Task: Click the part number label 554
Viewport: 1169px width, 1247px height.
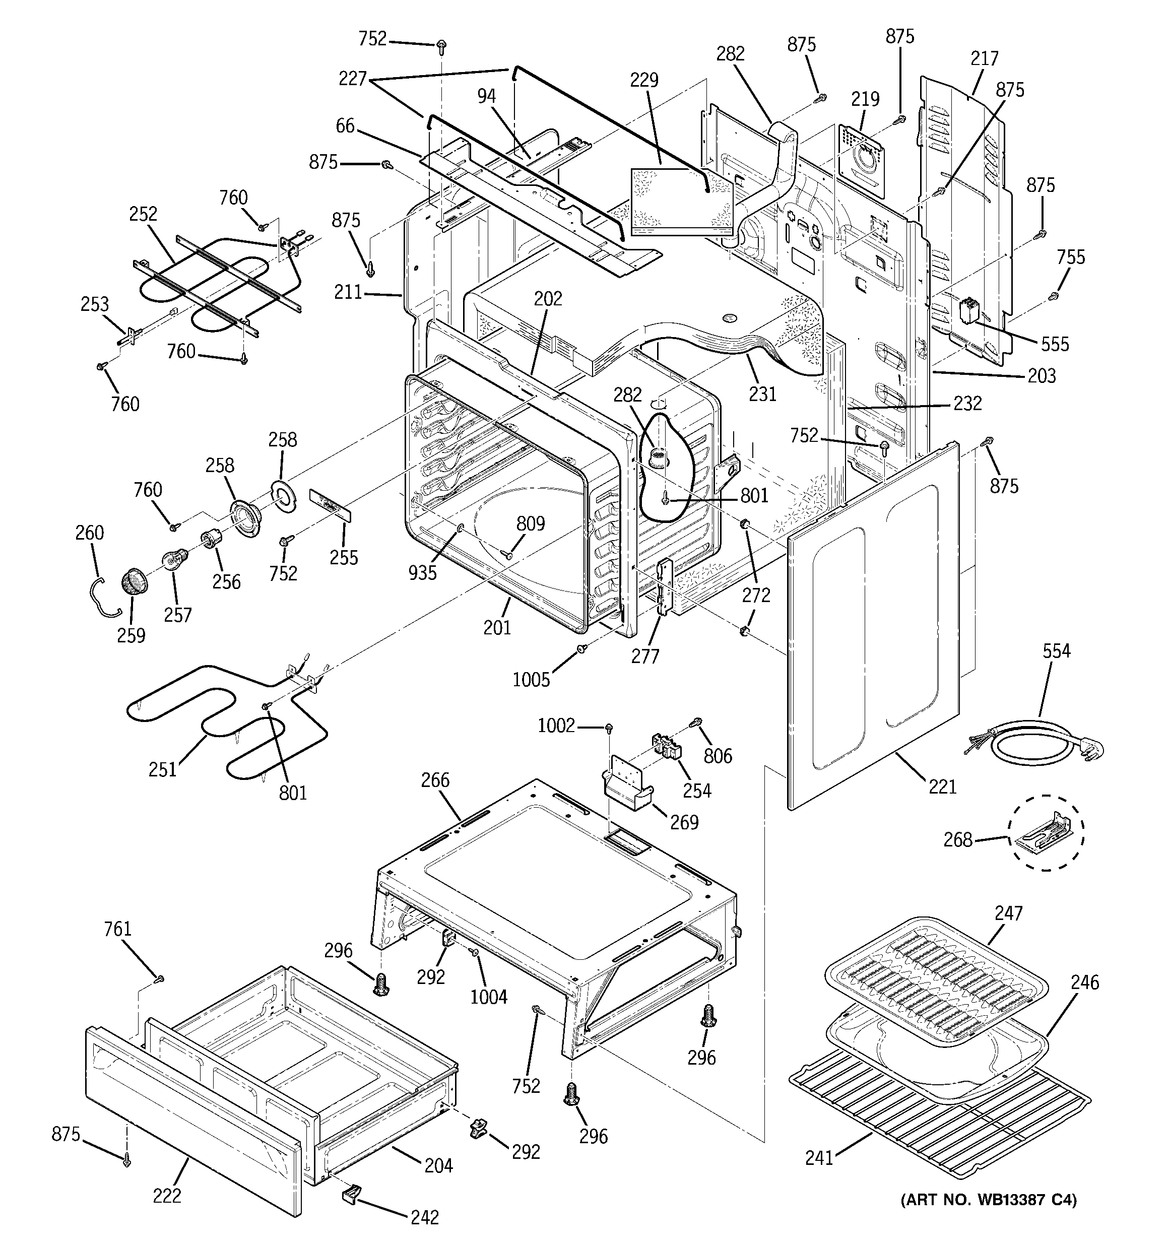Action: pos(1056,651)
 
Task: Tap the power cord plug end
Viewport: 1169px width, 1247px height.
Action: pos(1092,748)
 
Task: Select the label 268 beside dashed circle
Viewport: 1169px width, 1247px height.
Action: pos(957,839)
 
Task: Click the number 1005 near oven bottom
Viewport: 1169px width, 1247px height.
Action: pos(531,679)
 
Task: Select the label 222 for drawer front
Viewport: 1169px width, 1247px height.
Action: pos(166,1196)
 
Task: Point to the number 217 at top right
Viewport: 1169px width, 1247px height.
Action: pos(984,58)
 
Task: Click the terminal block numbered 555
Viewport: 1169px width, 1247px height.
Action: pos(968,311)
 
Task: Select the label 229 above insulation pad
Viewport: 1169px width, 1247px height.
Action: pos(644,80)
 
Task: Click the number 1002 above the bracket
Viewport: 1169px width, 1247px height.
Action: pos(555,726)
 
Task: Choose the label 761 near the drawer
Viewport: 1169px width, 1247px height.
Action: pos(118,929)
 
